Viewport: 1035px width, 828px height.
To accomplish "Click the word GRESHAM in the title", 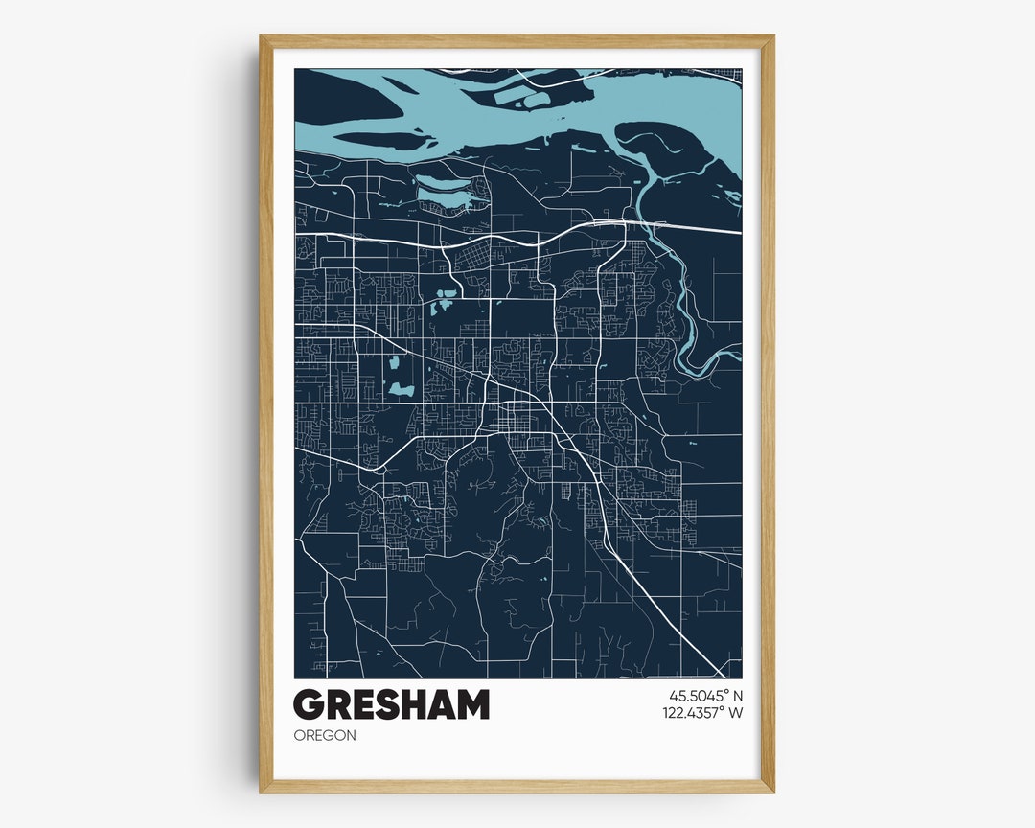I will pyautogui.click(x=391, y=705).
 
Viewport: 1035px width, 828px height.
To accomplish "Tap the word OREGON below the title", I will pyautogui.click(x=325, y=735).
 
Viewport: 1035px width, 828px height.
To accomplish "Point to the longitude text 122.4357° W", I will pyautogui.click(x=702, y=712).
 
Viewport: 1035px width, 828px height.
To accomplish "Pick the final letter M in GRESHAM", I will pyautogui.click(x=471, y=705).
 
